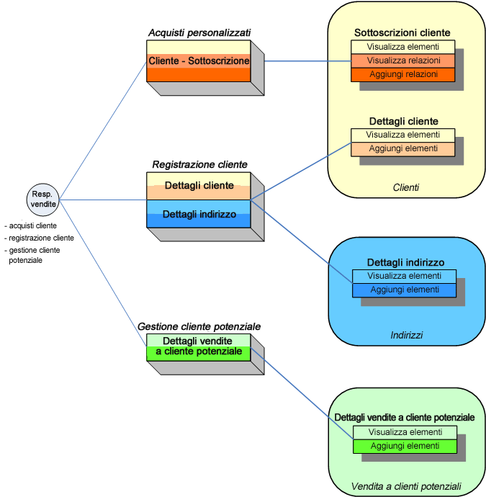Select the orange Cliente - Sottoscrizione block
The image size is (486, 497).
(x=199, y=61)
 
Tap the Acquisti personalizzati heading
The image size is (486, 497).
(x=199, y=32)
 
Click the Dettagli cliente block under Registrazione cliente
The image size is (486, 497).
(x=199, y=186)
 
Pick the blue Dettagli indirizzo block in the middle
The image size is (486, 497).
(x=199, y=214)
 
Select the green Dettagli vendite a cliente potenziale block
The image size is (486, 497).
(x=199, y=346)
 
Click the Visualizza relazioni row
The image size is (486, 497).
(x=403, y=61)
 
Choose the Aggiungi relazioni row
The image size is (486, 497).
(x=403, y=74)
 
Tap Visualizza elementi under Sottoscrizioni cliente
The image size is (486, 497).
(x=403, y=47)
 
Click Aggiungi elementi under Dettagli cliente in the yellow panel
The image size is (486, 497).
(x=403, y=148)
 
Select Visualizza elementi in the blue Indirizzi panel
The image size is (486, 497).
(x=404, y=276)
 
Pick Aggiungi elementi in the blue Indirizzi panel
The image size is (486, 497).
(x=404, y=290)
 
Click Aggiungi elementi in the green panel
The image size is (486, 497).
(x=405, y=446)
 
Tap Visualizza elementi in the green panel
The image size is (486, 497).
(x=405, y=432)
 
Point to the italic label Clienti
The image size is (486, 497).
(x=406, y=187)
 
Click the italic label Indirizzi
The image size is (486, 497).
(x=407, y=335)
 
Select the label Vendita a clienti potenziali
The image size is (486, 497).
(x=407, y=485)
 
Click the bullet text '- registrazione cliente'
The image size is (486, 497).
(x=40, y=238)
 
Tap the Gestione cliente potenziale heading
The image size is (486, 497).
(x=199, y=326)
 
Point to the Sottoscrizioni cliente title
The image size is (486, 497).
(x=402, y=32)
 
